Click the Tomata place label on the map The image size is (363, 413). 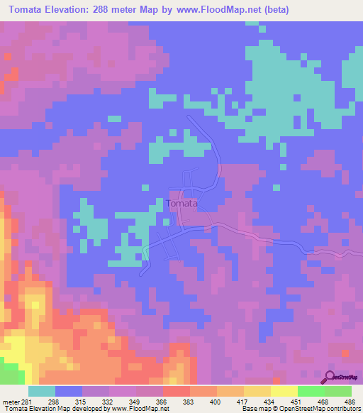click(181, 204)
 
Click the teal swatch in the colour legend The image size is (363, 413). click(42, 391)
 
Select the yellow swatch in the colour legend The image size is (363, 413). click(284, 391)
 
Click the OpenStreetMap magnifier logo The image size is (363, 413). click(330, 377)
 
